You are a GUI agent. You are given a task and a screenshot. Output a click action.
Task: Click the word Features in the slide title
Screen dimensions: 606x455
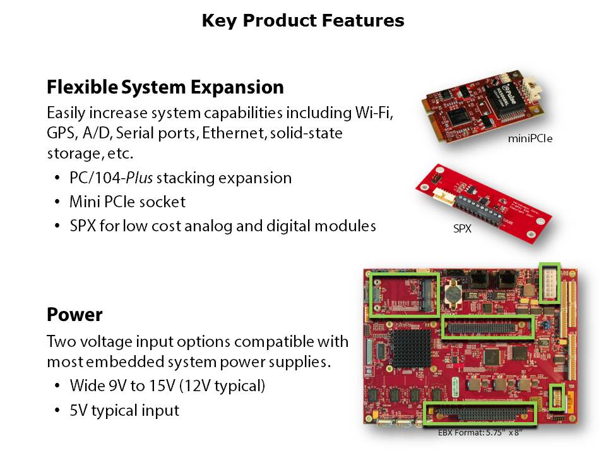coord(363,20)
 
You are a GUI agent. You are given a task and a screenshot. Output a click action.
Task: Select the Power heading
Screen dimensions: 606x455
coord(74,315)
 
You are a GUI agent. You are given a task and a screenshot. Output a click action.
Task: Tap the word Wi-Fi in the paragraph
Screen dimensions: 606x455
coord(374,112)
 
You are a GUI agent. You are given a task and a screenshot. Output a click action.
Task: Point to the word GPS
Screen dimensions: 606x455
coord(61,133)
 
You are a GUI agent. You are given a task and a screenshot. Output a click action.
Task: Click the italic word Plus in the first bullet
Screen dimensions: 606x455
coord(139,178)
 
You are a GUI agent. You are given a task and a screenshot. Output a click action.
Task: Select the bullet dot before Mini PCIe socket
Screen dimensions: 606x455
coord(57,202)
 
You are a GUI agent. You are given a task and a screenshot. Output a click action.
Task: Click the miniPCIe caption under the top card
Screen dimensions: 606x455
coord(530,138)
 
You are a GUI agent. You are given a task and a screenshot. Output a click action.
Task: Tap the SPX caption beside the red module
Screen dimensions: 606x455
coord(462,229)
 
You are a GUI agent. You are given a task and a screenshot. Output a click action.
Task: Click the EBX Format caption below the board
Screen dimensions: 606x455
coord(480,432)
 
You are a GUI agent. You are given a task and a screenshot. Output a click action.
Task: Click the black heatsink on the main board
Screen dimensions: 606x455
coord(410,348)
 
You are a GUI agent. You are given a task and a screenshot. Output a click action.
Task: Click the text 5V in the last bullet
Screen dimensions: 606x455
coord(78,410)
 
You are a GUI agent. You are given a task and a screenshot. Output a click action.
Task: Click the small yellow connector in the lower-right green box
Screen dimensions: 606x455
coord(557,397)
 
